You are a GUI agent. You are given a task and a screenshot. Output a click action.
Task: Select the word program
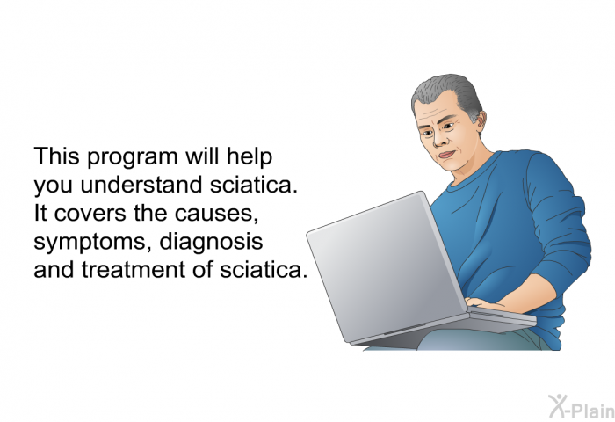(132, 157)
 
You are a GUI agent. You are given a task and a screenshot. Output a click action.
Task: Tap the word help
(249, 157)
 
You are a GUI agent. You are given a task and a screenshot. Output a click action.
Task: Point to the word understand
(141, 184)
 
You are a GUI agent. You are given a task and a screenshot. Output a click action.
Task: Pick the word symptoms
(92, 243)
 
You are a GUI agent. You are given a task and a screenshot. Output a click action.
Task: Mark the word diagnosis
(211, 242)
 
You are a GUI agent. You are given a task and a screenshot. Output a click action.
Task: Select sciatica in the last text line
(264, 269)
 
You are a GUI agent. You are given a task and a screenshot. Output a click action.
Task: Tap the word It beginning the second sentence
(40, 213)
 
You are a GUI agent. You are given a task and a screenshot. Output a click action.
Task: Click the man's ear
(480, 120)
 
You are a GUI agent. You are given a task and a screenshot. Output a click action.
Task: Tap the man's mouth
(446, 154)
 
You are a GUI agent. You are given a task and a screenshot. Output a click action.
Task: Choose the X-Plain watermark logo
(582, 407)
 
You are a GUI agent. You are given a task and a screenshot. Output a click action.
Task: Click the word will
(202, 156)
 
